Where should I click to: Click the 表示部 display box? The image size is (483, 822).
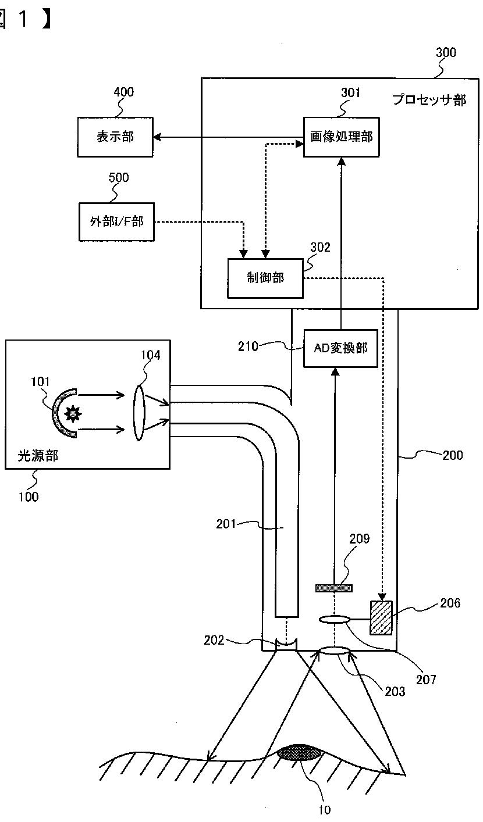tap(115, 137)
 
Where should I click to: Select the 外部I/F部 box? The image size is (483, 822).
tap(116, 221)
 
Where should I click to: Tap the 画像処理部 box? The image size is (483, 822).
tap(341, 137)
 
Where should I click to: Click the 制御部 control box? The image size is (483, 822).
tap(265, 278)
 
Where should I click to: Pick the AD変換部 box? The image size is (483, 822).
tap(340, 348)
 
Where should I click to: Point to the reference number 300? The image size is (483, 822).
tap(446, 52)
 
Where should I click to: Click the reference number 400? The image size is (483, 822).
tap(124, 92)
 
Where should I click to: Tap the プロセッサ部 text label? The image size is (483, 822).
tap(429, 99)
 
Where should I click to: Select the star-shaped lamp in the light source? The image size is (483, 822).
tap(73, 413)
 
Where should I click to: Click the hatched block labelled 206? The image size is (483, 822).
tap(381, 618)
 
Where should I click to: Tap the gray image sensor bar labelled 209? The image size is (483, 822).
tap(334, 588)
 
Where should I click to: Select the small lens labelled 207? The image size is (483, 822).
tap(333, 620)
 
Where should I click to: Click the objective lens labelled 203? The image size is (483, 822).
tap(333, 651)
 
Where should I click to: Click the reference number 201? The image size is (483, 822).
tap(226, 524)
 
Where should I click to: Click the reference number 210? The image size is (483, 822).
tap(248, 346)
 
